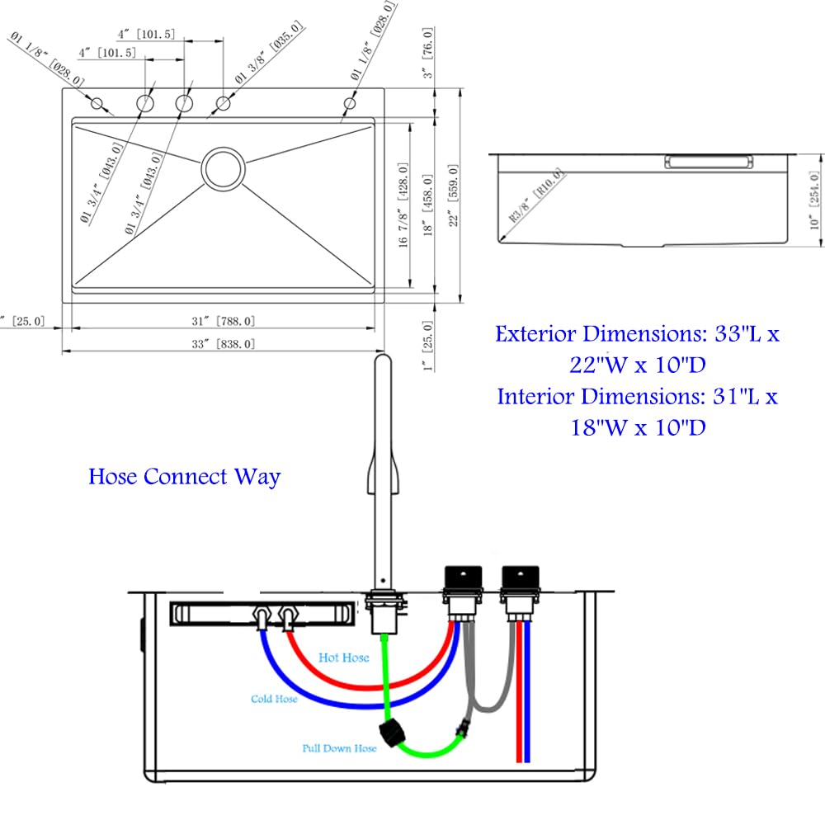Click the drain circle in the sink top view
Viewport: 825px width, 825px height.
pos(223,168)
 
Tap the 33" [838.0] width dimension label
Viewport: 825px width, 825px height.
pos(224,343)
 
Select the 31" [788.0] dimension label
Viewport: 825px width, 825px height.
pos(224,321)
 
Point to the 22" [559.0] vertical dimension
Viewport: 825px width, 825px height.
pos(453,196)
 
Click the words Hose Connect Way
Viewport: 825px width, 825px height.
pos(185,477)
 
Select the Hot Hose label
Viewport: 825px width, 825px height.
pos(343,658)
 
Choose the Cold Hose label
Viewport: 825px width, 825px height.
pos(274,699)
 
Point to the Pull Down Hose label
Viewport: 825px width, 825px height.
pos(339,748)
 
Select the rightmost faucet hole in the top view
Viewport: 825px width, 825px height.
pos(349,104)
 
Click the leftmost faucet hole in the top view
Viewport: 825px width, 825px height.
pos(97,103)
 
